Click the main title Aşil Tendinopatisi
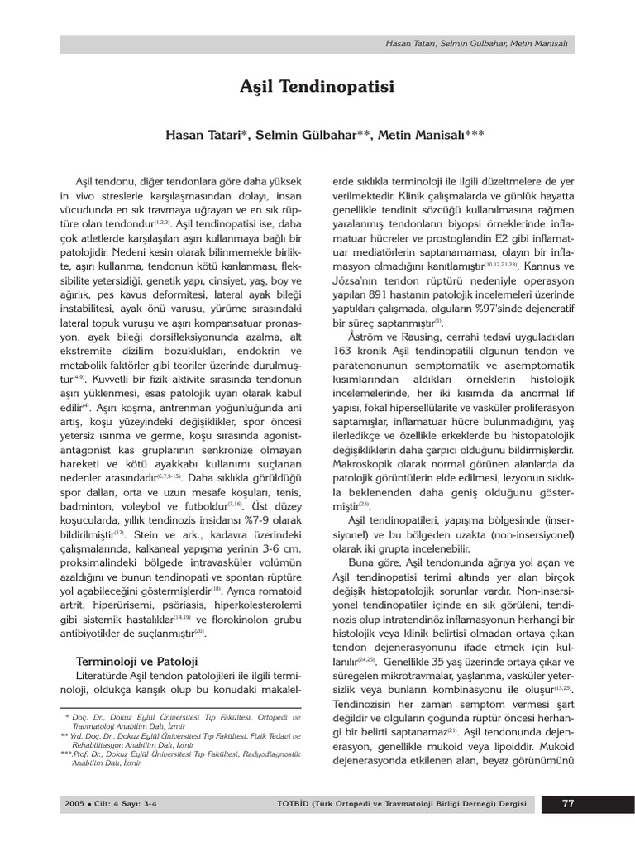click(317, 86)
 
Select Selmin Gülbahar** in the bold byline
click(314, 135)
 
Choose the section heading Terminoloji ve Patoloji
click(136, 661)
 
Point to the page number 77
click(568, 803)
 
